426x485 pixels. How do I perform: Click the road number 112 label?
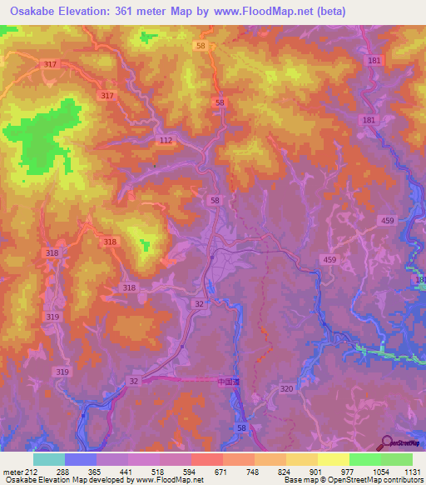click(166, 141)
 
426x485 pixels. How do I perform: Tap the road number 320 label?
click(287, 388)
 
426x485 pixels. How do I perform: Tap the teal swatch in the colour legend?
click(49, 459)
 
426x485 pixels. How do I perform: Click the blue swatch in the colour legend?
click(81, 459)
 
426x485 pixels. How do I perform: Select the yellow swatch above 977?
click(334, 459)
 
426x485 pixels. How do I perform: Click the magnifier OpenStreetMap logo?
click(386, 442)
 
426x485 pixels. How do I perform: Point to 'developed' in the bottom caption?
click(109, 480)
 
